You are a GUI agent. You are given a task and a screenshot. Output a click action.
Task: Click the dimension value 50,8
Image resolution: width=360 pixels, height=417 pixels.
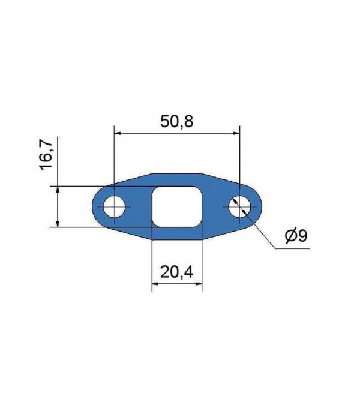click(176, 121)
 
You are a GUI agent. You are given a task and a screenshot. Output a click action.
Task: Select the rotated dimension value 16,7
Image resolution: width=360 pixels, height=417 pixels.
click(49, 154)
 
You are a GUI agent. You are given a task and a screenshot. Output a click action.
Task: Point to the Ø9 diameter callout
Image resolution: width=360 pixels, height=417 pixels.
click(295, 236)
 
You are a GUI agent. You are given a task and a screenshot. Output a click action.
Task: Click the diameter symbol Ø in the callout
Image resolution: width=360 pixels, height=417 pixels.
click(289, 236)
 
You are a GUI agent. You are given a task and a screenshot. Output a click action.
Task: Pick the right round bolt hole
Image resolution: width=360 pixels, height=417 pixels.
click(240, 207)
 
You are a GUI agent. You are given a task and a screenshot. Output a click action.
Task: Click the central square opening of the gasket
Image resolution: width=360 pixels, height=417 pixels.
click(176, 207)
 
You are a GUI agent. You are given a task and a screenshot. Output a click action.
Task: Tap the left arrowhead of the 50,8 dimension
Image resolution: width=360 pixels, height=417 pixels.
click(118, 133)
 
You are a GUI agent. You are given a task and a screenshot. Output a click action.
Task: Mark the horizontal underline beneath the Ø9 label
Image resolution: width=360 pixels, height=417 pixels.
click(294, 247)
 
